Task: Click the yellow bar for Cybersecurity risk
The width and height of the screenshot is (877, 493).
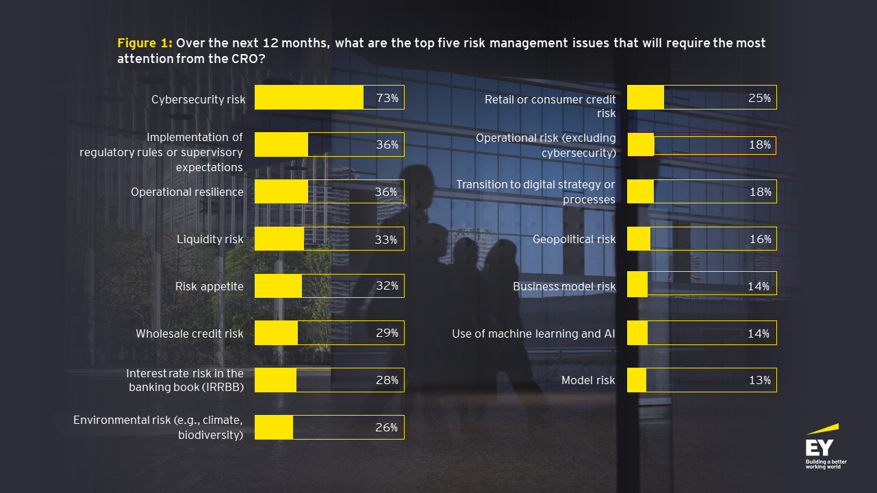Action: point(309,97)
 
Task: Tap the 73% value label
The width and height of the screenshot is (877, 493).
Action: point(387,98)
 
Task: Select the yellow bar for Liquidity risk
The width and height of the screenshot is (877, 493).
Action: point(279,239)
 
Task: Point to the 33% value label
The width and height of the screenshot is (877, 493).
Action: point(386,240)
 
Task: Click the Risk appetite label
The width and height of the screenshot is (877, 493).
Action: point(209,286)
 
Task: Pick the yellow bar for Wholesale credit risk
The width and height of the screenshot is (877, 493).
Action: point(276,333)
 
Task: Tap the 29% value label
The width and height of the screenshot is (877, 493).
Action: point(387,333)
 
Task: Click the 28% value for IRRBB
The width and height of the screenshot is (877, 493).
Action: point(387,380)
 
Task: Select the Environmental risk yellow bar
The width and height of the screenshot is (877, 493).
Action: point(274,427)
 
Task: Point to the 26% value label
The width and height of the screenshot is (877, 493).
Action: point(387,427)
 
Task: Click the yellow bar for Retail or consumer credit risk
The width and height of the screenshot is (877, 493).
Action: point(646,97)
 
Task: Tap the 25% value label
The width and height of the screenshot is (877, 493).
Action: point(759,99)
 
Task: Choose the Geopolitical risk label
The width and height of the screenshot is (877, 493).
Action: point(574,240)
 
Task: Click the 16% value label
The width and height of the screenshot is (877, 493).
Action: point(759,240)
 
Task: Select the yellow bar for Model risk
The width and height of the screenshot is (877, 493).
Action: point(637,380)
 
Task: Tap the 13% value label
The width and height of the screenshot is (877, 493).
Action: point(759,381)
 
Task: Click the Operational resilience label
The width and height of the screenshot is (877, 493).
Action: point(187,192)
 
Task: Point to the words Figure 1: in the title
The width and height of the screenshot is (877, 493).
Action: point(144,43)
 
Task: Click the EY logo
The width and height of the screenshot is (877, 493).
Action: point(822,449)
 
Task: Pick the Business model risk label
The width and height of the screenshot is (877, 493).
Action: point(564,286)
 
